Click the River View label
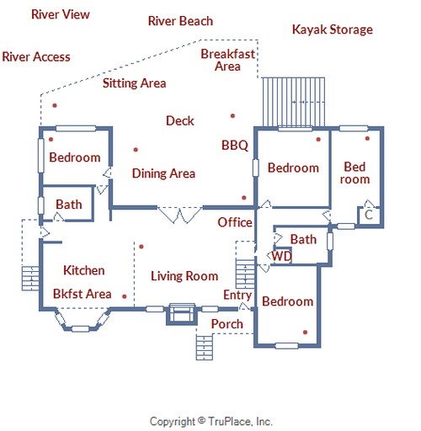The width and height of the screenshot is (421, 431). [x=61, y=14]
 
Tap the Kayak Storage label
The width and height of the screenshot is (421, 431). [x=333, y=29]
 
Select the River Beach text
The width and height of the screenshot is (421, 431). [x=180, y=21]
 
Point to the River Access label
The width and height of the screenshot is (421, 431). [x=36, y=56]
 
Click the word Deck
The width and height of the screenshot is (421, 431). [x=180, y=120]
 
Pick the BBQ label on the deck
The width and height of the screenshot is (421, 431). [x=235, y=146]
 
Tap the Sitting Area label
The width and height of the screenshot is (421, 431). [x=134, y=83]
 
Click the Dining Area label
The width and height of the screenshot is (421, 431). [x=163, y=173]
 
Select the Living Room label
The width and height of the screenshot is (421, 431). [x=184, y=276]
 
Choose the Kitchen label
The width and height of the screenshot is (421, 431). [x=84, y=270]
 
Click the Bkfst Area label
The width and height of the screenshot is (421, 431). [x=83, y=294]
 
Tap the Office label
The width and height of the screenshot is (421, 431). [x=235, y=222]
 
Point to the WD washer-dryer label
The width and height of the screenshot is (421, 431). [x=282, y=256]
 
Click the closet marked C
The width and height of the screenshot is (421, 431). [x=369, y=215]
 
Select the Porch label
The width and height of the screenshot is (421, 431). [x=227, y=324]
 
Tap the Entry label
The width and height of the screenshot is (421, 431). [x=237, y=295]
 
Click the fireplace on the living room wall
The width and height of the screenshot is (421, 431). [x=182, y=314]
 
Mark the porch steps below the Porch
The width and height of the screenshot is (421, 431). [x=205, y=348]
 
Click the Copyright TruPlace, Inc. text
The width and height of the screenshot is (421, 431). [x=211, y=422]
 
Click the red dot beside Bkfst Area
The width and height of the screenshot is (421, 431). [x=125, y=296]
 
